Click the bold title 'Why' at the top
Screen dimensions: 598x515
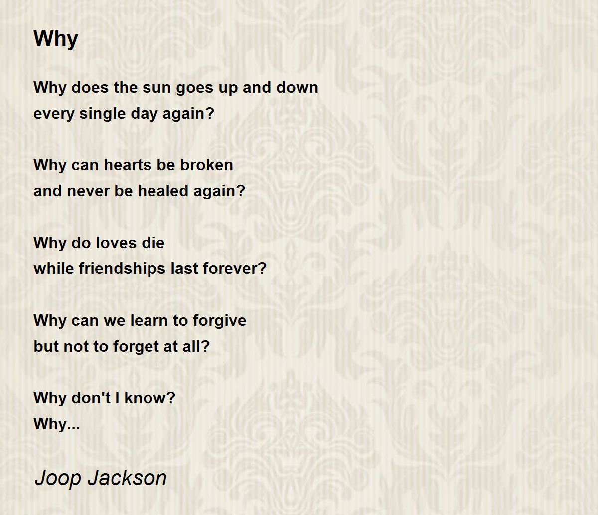[56, 39]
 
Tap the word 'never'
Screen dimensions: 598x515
[88, 191]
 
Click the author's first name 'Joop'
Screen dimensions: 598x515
[58, 478]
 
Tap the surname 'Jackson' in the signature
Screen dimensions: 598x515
[127, 477]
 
